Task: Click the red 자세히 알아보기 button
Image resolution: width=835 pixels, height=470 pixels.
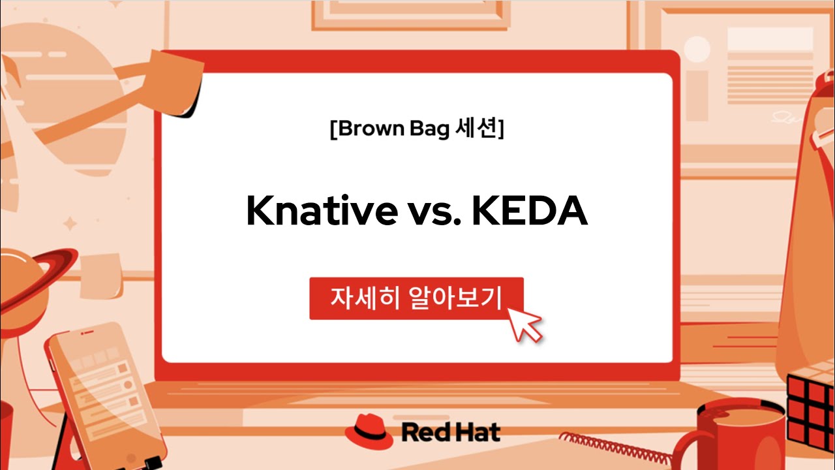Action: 416,298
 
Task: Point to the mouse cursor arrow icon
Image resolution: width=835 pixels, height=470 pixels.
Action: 526,323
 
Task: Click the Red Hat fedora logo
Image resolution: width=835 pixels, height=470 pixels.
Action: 369,431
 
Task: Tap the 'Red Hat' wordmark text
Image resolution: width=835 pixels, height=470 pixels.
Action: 451,431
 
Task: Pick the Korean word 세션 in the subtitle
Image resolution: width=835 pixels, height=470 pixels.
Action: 476,129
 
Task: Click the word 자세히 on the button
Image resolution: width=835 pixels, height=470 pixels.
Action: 363,298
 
